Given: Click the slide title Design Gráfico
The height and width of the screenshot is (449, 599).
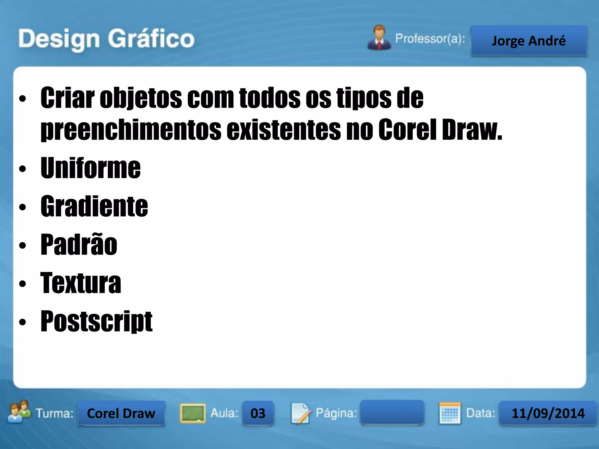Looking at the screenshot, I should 106,39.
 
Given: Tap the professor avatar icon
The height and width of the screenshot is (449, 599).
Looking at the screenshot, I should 379,38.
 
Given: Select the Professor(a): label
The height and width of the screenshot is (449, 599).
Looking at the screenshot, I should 430,39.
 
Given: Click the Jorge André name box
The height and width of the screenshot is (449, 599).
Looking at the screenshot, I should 529,41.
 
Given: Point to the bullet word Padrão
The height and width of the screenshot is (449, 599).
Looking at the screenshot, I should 79,245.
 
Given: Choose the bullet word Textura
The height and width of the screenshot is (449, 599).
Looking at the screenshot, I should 81,283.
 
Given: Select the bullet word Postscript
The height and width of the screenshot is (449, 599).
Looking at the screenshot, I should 97,321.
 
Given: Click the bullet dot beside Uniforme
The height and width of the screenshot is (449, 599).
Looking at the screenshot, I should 23,169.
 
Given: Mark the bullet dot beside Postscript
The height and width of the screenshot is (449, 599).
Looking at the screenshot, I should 23,322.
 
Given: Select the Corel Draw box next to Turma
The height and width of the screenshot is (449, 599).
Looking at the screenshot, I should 121,413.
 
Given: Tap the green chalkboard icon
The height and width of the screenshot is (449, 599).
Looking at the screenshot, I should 192,413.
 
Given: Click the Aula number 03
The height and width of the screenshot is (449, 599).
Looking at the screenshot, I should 258,413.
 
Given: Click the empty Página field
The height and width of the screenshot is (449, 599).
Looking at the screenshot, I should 392,412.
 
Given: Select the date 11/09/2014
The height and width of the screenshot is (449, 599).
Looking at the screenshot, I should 548,413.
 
